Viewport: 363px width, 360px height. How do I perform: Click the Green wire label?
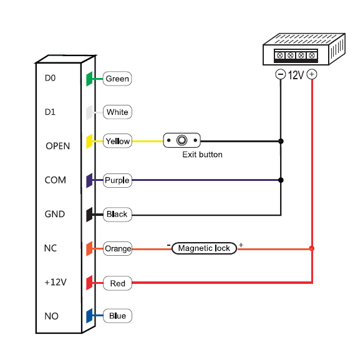click(x=117, y=79)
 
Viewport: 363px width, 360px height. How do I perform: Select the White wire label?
click(x=117, y=112)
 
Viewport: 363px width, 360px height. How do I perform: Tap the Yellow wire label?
click(x=117, y=141)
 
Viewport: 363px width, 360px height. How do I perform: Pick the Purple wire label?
click(x=117, y=180)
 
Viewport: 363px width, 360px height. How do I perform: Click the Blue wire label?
click(x=117, y=316)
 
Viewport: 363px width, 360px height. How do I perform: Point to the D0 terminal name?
click(x=51, y=78)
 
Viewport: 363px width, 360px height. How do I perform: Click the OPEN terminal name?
click(x=57, y=146)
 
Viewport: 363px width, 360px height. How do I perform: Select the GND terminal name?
click(x=55, y=214)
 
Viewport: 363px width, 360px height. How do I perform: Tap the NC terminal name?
click(x=51, y=248)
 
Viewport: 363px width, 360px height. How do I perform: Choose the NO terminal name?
click(x=51, y=316)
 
